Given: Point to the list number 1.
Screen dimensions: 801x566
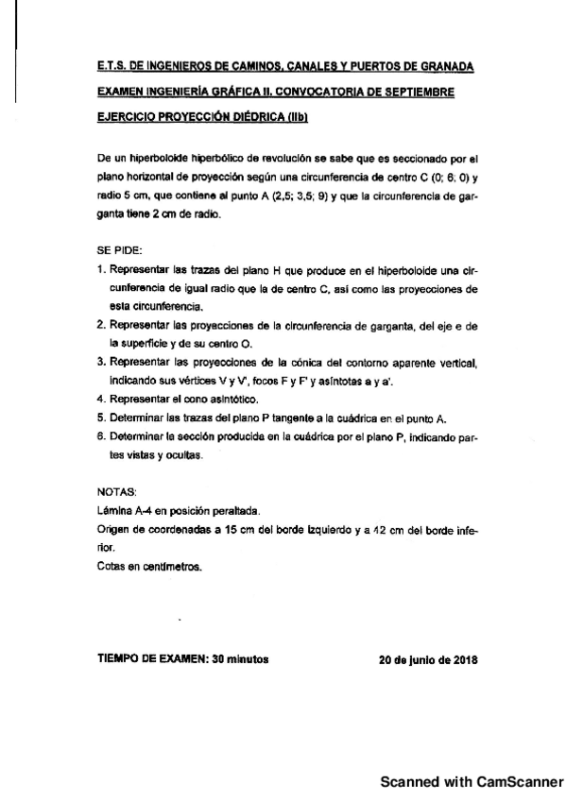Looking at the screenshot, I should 101,272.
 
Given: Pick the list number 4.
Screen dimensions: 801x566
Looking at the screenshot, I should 101,400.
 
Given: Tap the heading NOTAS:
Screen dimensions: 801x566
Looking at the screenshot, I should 117,491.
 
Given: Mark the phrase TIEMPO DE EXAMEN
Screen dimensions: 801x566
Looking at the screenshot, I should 152,659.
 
